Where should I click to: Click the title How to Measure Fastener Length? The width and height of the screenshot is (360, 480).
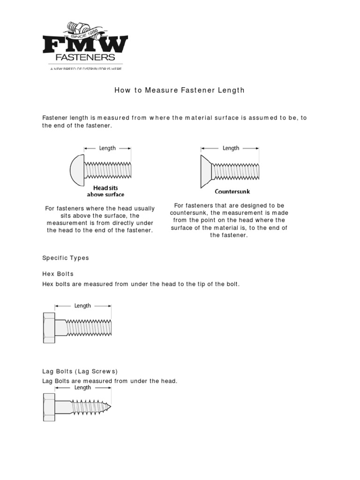[180, 90]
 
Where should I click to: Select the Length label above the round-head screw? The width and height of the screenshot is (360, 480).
[107, 148]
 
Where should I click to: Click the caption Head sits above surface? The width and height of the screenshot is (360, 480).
[106, 191]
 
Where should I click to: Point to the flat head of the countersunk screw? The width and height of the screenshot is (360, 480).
[206, 171]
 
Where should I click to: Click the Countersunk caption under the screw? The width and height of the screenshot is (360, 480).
[232, 191]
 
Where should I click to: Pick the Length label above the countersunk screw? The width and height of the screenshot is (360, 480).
[231, 148]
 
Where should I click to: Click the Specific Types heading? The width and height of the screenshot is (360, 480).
[66, 258]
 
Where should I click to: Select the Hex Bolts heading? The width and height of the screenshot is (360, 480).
[58, 273]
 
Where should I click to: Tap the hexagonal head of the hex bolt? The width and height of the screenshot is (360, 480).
[49, 328]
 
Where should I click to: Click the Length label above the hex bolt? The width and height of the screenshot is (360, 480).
[82, 306]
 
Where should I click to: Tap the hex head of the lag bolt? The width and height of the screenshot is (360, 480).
[49, 406]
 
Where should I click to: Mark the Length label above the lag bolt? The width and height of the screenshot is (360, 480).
[82, 388]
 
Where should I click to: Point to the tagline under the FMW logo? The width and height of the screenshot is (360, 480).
[86, 69]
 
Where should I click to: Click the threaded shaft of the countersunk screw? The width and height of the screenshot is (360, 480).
[236, 171]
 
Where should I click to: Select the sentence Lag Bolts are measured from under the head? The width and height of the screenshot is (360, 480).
[110, 381]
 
